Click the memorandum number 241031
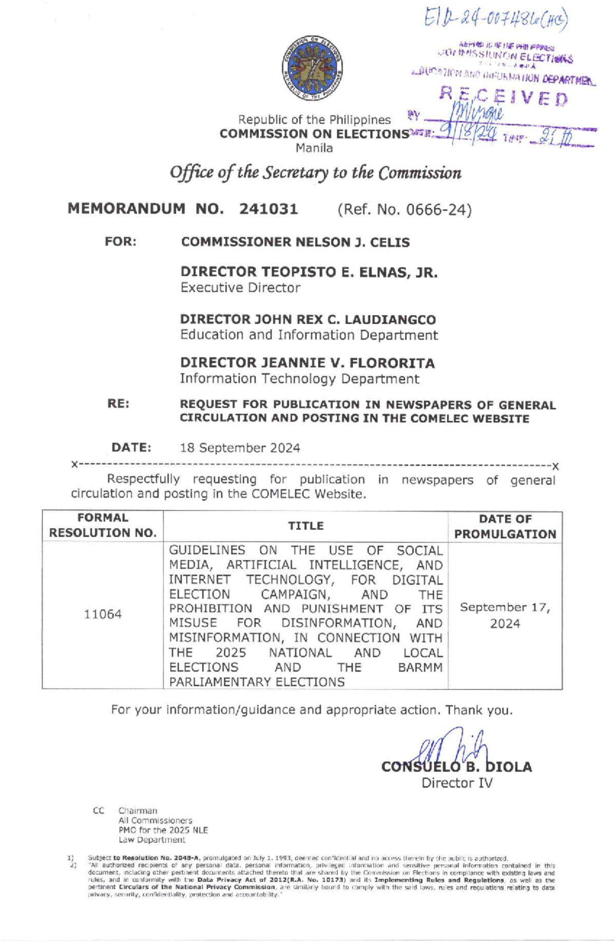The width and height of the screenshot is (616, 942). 268,209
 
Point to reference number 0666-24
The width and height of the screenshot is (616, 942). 404,209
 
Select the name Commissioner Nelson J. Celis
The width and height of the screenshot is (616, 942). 295,242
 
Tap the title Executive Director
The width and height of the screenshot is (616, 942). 240,287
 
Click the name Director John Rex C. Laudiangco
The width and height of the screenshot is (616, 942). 308,319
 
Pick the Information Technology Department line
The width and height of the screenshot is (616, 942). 299,379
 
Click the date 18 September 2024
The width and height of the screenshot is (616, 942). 240,448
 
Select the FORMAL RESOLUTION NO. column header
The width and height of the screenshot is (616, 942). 103,526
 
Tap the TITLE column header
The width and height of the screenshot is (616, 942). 305,526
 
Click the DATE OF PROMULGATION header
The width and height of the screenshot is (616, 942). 505,526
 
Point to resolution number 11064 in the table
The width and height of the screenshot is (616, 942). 103,614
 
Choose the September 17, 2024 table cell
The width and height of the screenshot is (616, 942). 505,615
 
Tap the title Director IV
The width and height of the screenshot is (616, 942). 457,783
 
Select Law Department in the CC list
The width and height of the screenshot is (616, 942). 151,840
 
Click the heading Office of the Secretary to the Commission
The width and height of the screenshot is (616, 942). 315,173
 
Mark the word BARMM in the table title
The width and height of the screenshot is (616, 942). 420,667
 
